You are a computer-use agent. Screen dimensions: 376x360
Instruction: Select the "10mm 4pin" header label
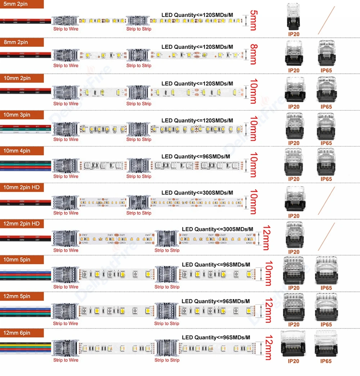pyautogui.click(x=17, y=151)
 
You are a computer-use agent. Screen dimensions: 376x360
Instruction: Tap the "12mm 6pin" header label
pyautogui.click(x=17, y=333)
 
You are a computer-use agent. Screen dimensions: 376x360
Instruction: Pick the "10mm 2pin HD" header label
pyautogui.click(x=21, y=187)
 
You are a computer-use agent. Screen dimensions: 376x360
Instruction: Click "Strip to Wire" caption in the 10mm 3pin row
pyautogui.click(x=66, y=140)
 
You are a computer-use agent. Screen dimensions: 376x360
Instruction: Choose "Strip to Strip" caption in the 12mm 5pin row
pyautogui.click(x=167, y=323)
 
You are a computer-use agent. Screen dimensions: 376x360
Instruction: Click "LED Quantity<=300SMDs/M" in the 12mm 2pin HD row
pyautogui.click(x=217, y=229)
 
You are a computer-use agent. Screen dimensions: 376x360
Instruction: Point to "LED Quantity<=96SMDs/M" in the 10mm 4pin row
pyautogui.click(x=195, y=157)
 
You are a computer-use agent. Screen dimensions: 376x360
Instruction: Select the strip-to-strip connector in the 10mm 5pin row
pyautogui.click(x=167, y=275)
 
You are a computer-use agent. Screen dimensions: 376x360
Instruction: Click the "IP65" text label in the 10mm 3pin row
pyautogui.click(x=326, y=143)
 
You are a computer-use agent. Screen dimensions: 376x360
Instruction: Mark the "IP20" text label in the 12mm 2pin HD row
pyautogui.click(x=294, y=252)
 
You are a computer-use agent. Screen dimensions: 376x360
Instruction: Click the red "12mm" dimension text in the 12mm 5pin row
pyautogui.click(x=268, y=311)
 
